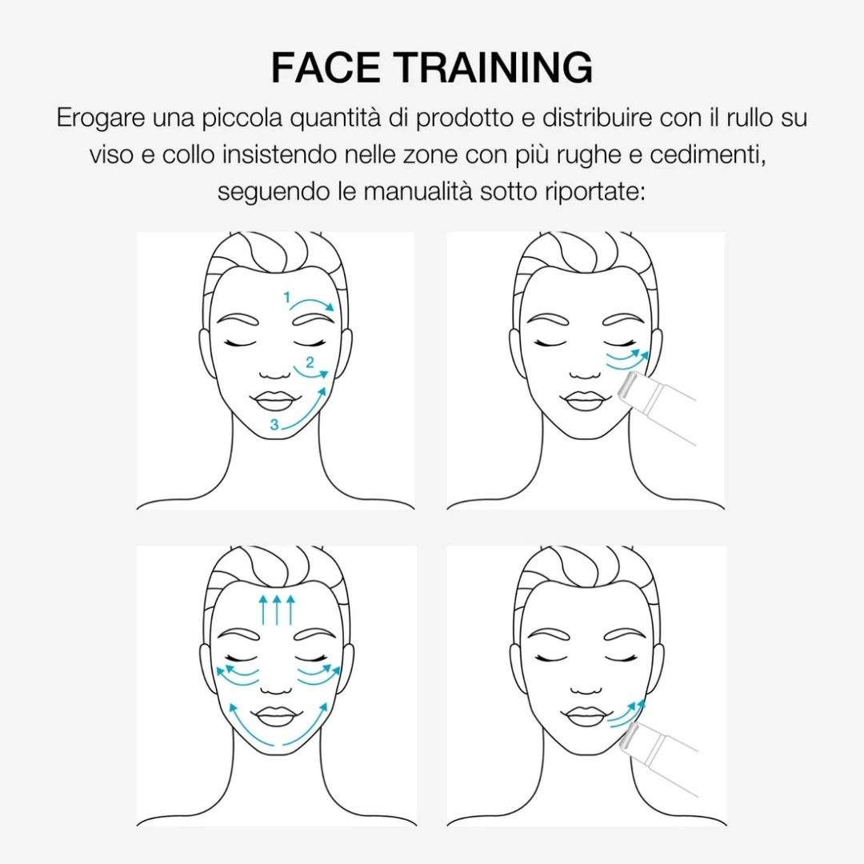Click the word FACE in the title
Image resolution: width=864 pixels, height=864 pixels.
[325, 67]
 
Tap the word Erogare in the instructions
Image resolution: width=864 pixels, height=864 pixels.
[101, 119]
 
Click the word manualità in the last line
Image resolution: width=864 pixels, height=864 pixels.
[418, 192]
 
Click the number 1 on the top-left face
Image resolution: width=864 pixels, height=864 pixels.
[286, 298]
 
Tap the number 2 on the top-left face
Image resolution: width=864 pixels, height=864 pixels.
[310, 362]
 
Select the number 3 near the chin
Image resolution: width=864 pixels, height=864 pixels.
[274, 424]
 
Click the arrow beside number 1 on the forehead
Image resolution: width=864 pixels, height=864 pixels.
[313, 302]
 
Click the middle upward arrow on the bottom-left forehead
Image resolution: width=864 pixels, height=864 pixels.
[277, 610]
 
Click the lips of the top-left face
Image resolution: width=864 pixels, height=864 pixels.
[275, 401]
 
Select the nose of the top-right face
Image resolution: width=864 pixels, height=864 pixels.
[585, 374]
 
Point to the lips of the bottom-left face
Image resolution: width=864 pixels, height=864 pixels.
[275, 717]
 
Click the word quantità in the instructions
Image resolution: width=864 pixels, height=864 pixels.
[335, 119]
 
